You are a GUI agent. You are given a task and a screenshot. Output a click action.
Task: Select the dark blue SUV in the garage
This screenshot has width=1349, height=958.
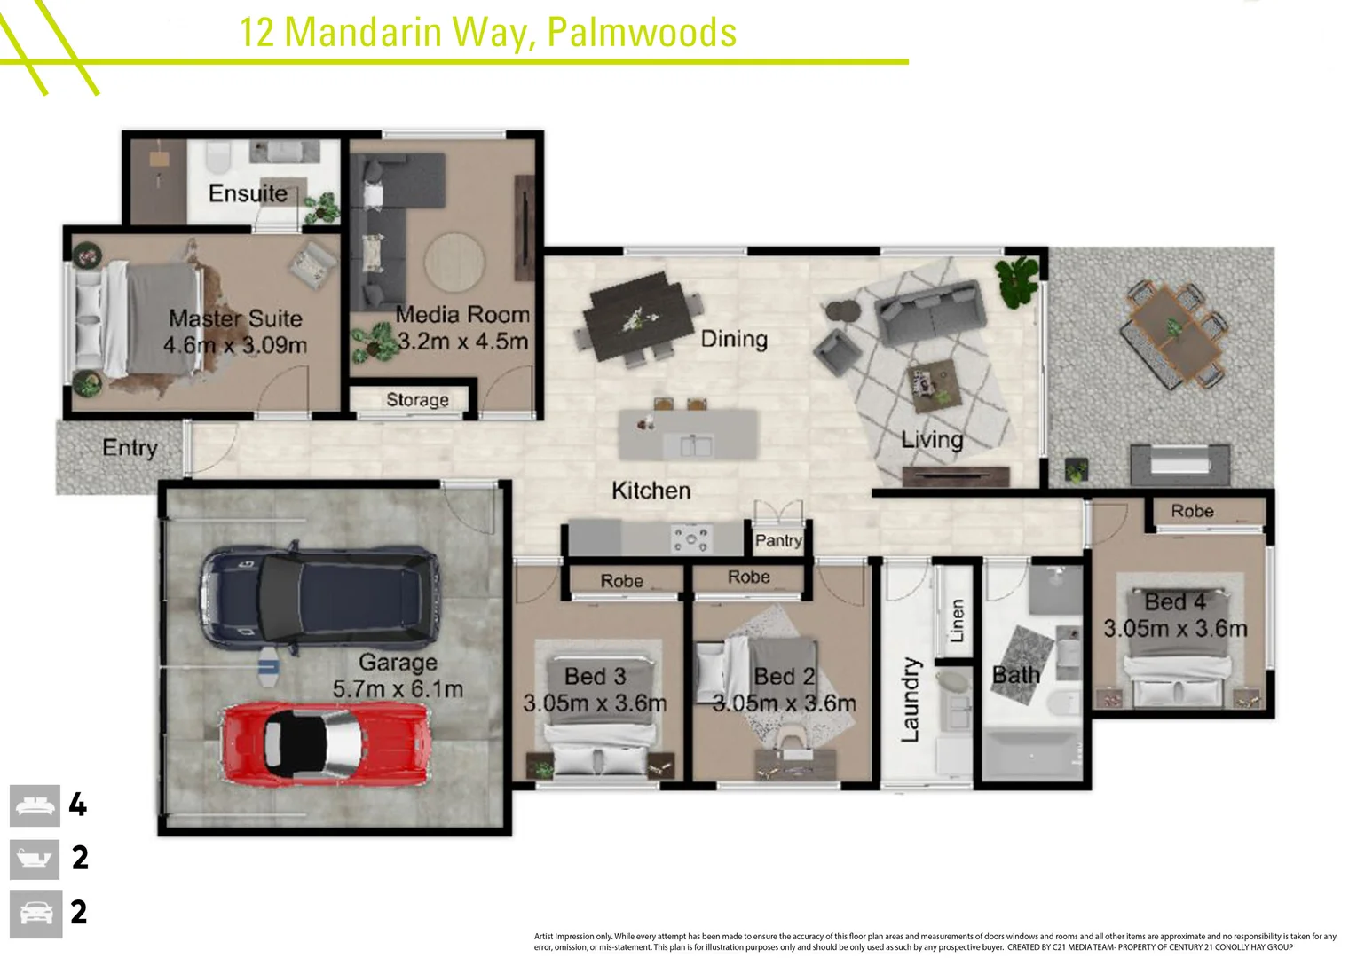coord(319,596)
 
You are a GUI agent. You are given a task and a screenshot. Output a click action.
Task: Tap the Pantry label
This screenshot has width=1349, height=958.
coord(778,540)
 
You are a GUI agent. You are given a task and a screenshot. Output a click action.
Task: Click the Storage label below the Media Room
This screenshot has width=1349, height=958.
coord(417,400)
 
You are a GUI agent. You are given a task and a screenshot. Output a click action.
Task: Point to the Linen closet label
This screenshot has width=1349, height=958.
coord(956,619)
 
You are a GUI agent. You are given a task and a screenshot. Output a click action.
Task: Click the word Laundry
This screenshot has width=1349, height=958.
coord(911,699)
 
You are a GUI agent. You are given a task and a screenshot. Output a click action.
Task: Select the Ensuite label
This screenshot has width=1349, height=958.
coord(248,193)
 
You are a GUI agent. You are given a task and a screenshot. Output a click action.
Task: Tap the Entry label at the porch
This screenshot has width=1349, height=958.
coord(130,448)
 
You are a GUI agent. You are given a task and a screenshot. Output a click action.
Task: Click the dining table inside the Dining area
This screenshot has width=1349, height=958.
coord(638,315)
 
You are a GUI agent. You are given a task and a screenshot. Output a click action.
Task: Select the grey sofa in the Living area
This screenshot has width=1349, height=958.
coord(930,311)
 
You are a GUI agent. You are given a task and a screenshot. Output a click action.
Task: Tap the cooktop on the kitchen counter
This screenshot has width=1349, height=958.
coord(690,538)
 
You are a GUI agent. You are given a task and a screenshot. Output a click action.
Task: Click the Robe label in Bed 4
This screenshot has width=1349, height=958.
coord(1192,511)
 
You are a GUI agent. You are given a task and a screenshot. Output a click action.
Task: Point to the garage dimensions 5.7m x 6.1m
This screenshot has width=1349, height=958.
coord(398,689)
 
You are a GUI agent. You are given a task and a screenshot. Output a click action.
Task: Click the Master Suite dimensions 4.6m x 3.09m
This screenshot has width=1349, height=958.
coord(235,345)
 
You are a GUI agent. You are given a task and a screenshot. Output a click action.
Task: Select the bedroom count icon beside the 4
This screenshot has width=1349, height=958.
coord(35,805)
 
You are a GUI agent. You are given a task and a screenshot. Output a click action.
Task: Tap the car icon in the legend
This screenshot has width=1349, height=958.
coord(35,914)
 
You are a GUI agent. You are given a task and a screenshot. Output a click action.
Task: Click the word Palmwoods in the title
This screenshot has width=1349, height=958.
coord(642,33)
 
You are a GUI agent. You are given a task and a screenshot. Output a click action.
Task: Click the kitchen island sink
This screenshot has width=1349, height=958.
coord(695,445)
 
